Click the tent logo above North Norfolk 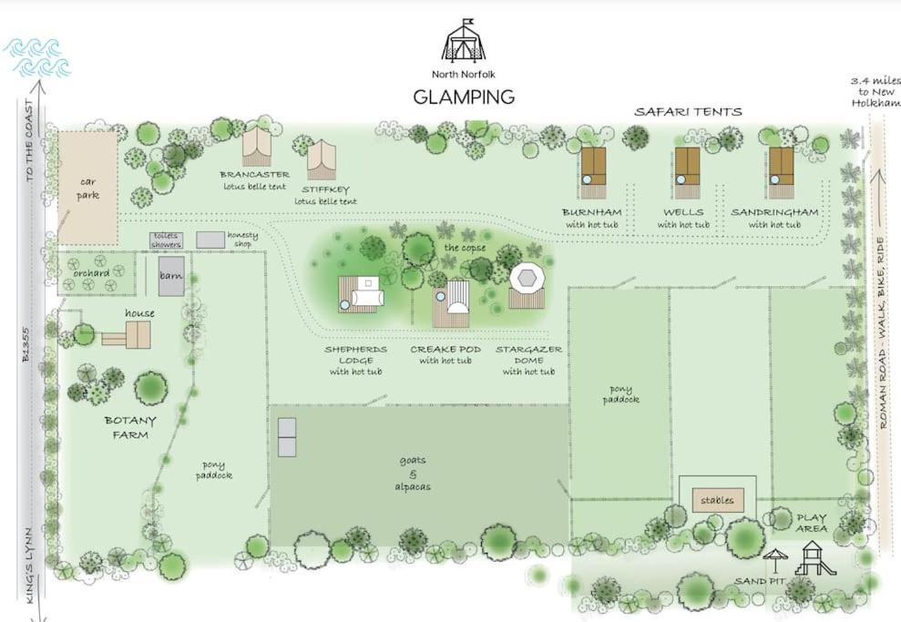click(x=463, y=40)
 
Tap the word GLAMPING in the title click(x=464, y=97)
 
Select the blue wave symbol click(x=37, y=57)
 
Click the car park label click(x=87, y=189)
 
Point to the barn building click(x=171, y=276)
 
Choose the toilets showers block click(x=167, y=240)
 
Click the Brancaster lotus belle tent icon click(x=256, y=147)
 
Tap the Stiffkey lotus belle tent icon click(x=322, y=159)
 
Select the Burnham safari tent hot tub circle click(x=587, y=179)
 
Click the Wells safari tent click(x=687, y=172)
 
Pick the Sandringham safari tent click(x=782, y=172)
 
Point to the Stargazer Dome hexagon click(x=527, y=278)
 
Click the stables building click(x=718, y=500)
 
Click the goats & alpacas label click(x=413, y=474)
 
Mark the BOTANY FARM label click(x=130, y=427)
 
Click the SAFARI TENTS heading click(x=688, y=111)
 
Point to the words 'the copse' click(x=465, y=248)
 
